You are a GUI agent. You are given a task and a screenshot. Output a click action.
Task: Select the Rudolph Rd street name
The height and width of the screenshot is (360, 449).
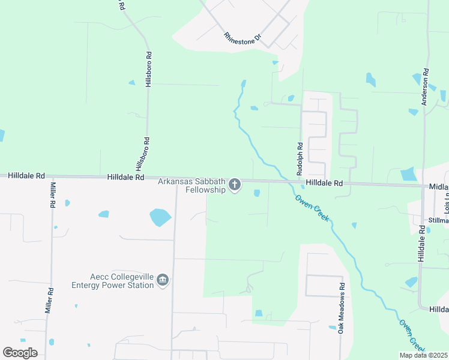pyautogui.click(x=300, y=158)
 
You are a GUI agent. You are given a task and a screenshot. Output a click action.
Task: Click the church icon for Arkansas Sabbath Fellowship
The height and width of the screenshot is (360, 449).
pyautogui.click(x=235, y=185)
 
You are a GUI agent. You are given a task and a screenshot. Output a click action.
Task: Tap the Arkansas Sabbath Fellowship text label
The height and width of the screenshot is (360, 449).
pyautogui.click(x=191, y=185)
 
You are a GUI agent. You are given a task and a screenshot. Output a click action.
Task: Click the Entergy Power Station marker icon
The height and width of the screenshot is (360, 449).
pyautogui.click(x=163, y=280)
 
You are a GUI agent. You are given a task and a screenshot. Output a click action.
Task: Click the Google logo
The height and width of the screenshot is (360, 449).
pyautogui.click(x=20, y=353)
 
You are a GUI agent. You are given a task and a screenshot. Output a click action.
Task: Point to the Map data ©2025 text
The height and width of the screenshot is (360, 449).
pyautogui.click(x=423, y=355)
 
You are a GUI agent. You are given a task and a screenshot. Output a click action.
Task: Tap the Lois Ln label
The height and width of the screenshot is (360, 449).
pyautogui.click(x=446, y=208)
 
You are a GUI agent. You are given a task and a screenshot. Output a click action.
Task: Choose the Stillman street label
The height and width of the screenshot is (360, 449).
pyautogui.click(x=438, y=220)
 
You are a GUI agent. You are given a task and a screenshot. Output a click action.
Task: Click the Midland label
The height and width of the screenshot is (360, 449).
pyautogui.click(x=439, y=187)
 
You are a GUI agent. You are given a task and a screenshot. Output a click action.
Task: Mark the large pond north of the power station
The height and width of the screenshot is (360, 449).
pyautogui.click(x=160, y=217)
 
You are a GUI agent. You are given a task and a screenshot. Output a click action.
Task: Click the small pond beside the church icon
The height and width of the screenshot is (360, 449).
pyautogui.click(x=257, y=193)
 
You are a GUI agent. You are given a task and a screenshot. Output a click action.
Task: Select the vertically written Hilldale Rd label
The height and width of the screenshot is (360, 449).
pyautogui.click(x=421, y=244)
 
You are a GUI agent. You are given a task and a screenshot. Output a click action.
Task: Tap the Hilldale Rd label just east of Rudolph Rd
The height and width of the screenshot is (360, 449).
pyautogui.click(x=324, y=182)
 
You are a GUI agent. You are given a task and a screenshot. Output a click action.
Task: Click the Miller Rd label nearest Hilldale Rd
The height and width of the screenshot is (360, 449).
pyautogui.click(x=52, y=195)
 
